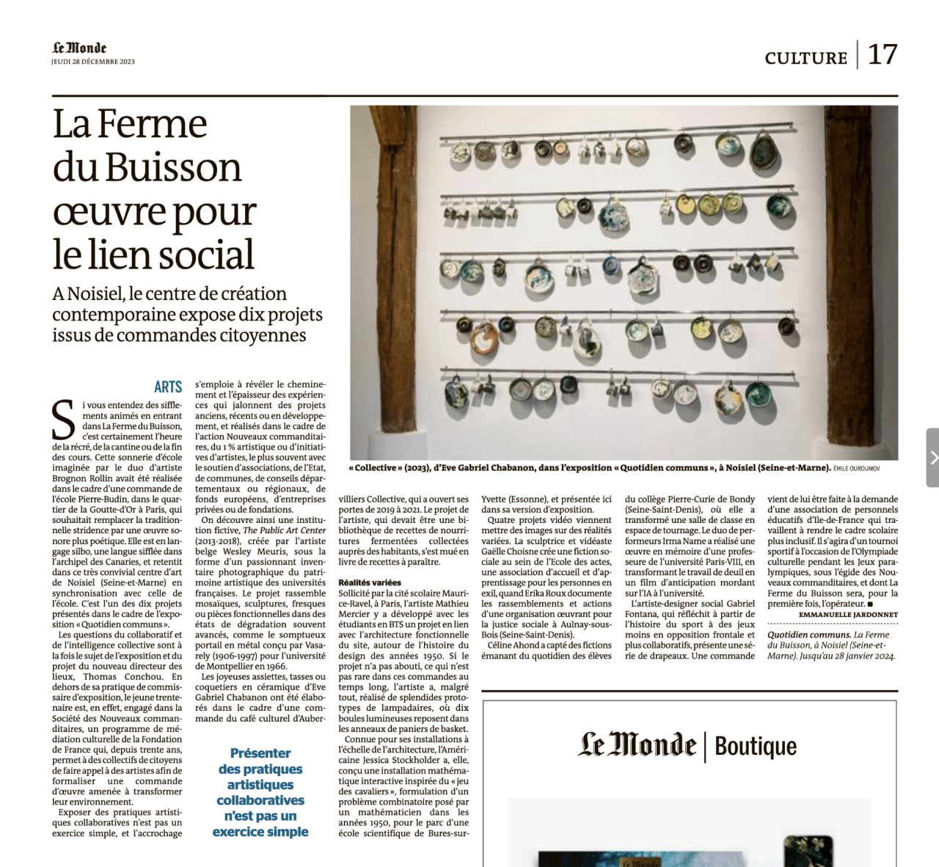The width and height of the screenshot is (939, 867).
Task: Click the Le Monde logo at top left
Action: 79,48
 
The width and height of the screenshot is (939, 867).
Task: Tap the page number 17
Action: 883,55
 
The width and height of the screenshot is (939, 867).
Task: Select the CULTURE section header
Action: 805,58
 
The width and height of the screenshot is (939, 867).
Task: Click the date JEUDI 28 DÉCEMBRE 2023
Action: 93,62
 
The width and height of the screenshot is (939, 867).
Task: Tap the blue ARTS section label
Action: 168,387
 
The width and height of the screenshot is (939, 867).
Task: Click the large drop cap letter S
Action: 64,420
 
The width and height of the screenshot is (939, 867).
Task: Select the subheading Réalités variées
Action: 370,582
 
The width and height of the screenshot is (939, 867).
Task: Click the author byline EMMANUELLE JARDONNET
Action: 848,615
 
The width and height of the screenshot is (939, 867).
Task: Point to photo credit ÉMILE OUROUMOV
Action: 856,469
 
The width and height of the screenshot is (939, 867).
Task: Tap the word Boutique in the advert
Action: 756,747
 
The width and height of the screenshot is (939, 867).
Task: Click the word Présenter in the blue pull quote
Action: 260,753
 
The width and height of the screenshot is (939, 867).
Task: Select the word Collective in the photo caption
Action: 379,468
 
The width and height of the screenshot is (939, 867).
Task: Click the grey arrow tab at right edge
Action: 933,458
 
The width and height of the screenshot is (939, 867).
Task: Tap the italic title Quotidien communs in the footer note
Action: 808,635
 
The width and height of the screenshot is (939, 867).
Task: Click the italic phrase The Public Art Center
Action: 285,530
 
